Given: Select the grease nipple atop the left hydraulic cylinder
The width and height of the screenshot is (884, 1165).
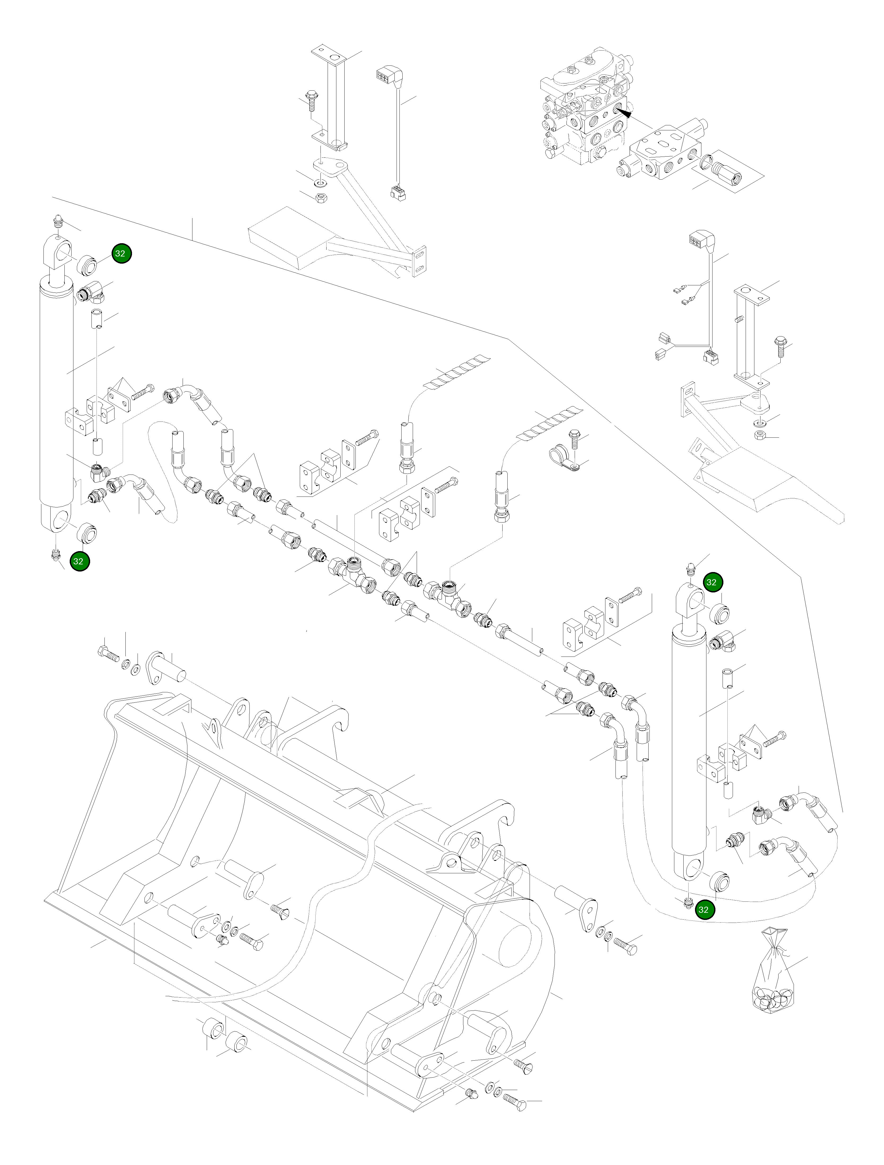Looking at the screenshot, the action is tap(58, 222).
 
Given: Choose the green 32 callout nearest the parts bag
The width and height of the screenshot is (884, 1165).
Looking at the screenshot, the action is tap(703, 910).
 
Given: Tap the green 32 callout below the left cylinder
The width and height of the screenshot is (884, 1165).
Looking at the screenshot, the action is tap(78, 561).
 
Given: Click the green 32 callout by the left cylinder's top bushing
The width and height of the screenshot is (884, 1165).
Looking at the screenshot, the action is tap(120, 253).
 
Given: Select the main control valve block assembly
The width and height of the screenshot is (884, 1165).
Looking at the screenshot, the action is tap(585, 105).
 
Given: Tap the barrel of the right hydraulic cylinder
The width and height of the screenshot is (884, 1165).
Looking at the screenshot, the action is tap(689, 753).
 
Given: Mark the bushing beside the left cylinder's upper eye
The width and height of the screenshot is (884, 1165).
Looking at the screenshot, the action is tap(87, 264).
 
